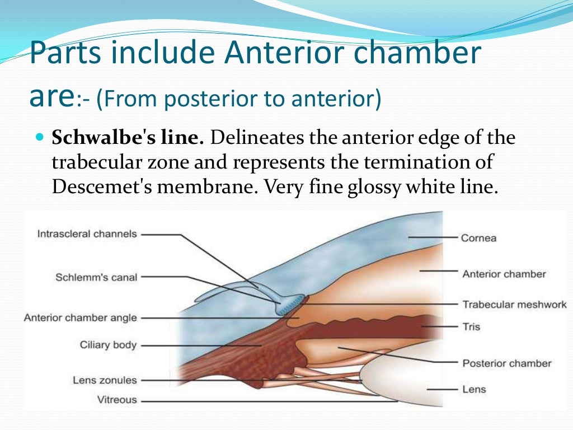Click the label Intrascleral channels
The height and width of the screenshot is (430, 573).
point(87,234)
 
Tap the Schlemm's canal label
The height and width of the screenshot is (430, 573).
point(96,277)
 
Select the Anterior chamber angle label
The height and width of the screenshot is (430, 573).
point(80,318)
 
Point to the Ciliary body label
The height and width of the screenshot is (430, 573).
point(108,345)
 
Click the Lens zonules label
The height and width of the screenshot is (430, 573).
point(105,380)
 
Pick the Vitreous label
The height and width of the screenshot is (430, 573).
point(117,400)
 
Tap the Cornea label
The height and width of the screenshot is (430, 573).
point(478,238)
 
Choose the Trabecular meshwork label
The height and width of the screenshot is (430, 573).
point(514,305)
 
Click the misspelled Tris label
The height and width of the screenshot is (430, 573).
point(471,326)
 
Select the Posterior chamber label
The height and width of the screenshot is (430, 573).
point(506,363)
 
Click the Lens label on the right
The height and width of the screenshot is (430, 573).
point(473,389)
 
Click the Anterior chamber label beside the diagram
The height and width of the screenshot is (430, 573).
point(504,274)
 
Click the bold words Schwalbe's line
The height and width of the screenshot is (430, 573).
point(128,137)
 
